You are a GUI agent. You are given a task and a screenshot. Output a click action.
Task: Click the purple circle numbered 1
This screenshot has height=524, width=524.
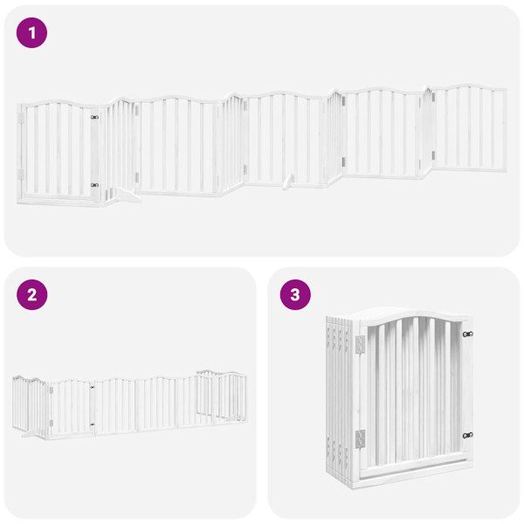[x=32, y=33]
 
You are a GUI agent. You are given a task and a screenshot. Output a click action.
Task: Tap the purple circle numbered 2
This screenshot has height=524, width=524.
[x=32, y=295]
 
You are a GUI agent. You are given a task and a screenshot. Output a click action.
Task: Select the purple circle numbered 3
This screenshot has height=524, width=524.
[x=294, y=295]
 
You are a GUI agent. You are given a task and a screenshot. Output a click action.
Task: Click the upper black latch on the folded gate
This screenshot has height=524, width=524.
[x=467, y=334]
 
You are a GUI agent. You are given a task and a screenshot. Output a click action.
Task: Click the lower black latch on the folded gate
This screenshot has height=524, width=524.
[x=467, y=435]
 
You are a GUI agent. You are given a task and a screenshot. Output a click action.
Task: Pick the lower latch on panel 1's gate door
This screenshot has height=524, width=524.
[x=94, y=185]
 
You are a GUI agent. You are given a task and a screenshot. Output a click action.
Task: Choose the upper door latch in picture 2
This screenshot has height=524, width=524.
[x=92, y=386]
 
